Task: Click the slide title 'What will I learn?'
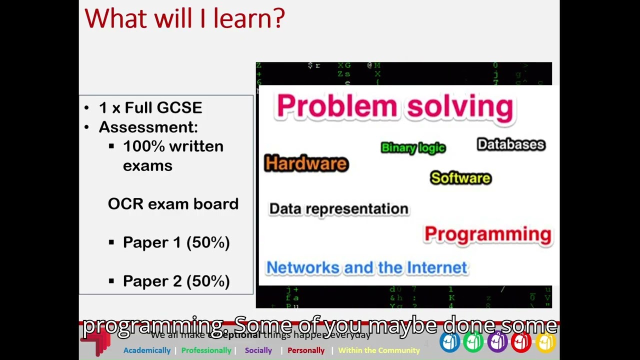click(x=184, y=18)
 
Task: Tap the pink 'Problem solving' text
click(x=394, y=106)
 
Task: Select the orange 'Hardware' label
click(x=306, y=163)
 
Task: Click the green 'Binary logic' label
click(x=413, y=147)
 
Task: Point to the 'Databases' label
click(x=510, y=144)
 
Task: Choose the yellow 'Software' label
click(x=460, y=178)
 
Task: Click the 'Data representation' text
click(x=338, y=208)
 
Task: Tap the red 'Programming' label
click(x=487, y=234)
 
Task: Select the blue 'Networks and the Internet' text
click(x=366, y=267)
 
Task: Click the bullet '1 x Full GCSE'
click(x=150, y=107)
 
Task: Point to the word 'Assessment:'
click(x=148, y=127)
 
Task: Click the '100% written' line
click(x=173, y=146)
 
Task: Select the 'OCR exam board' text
click(x=173, y=204)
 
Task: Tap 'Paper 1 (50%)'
click(x=176, y=242)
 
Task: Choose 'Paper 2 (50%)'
click(x=176, y=281)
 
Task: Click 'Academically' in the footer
click(x=147, y=350)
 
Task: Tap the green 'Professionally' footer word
click(x=206, y=350)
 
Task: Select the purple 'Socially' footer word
click(x=258, y=350)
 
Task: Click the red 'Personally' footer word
click(x=306, y=350)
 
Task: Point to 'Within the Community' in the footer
click(x=379, y=350)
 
